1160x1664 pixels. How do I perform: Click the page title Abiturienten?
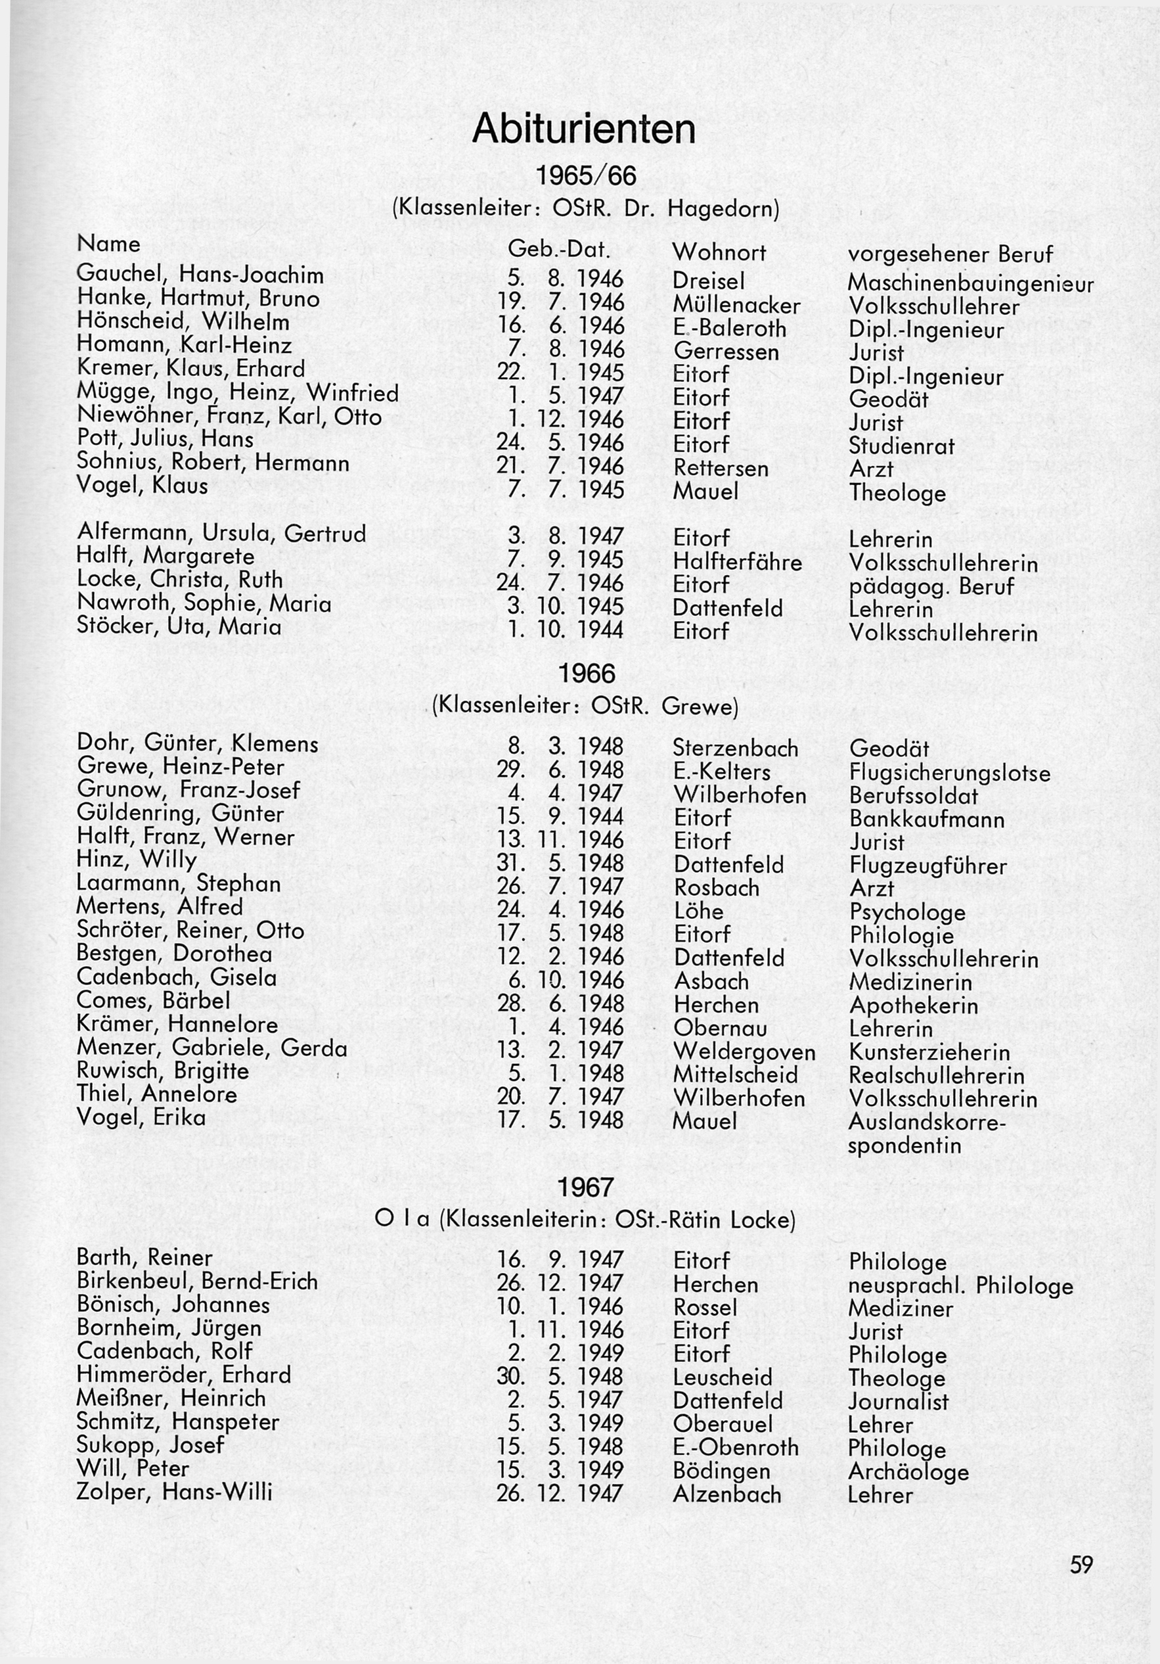(x=583, y=129)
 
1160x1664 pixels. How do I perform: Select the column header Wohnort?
(x=719, y=252)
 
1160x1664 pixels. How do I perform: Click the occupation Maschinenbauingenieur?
(x=970, y=283)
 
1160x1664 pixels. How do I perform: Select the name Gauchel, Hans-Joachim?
(x=200, y=275)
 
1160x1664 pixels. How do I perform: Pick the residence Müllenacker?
(x=736, y=306)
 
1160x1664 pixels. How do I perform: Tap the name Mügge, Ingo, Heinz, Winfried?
(x=238, y=393)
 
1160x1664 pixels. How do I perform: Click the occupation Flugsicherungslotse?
(x=949, y=773)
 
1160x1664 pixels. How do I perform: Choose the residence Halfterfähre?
(x=738, y=563)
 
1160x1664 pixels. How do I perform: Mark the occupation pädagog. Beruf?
(x=931, y=586)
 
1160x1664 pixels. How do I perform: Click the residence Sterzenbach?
(x=736, y=748)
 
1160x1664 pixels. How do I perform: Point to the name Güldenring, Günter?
(x=181, y=814)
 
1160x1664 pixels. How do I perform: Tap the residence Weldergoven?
(x=744, y=1052)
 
